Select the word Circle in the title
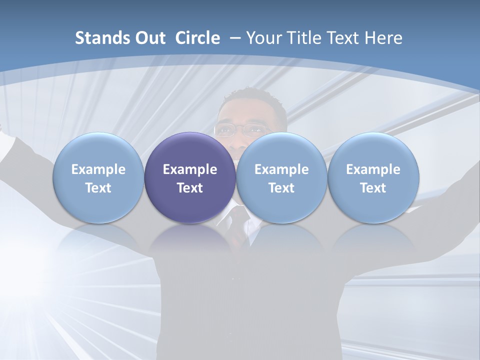197,38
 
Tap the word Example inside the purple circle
190,169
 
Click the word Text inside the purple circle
190,188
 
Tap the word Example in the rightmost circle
373,169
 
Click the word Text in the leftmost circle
98,188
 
